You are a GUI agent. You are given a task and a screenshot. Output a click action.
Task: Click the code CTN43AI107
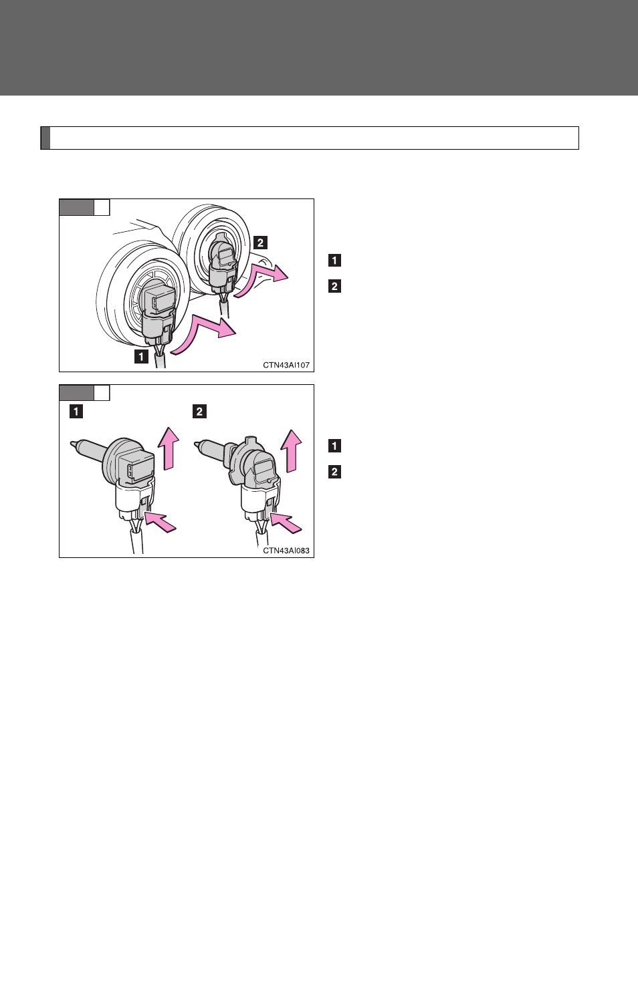(286, 365)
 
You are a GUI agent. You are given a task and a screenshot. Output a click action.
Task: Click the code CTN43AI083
(286, 551)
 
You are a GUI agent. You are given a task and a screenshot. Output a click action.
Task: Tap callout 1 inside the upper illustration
(141, 356)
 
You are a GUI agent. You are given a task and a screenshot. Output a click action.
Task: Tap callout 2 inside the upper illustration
(260, 243)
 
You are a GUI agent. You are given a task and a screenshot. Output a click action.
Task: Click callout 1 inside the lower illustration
(76, 412)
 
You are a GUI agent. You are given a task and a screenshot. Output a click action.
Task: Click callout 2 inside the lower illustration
(200, 412)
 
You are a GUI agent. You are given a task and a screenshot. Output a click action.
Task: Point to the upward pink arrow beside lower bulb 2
(291, 450)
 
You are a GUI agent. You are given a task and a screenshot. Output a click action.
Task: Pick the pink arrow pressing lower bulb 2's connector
(286, 521)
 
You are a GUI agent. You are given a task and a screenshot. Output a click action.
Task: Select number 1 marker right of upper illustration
(334, 261)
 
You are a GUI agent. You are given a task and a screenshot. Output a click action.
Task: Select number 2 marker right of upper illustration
(334, 286)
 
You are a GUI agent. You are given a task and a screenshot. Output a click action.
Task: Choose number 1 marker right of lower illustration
(334, 446)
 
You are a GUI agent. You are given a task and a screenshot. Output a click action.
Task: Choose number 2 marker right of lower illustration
(334, 472)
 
